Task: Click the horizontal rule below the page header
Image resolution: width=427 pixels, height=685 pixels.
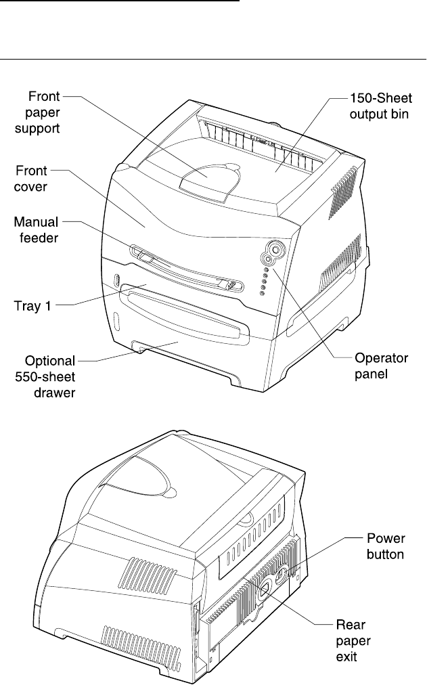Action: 213,59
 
